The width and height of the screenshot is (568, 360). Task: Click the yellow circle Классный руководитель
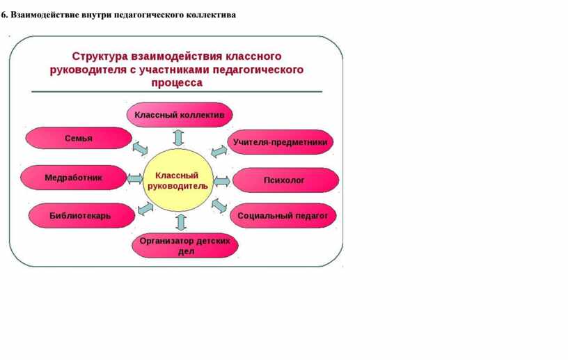click(x=178, y=180)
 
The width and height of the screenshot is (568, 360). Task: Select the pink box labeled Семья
click(x=79, y=138)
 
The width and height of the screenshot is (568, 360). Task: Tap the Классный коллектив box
click(x=180, y=115)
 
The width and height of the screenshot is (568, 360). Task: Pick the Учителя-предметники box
click(x=281, y=142)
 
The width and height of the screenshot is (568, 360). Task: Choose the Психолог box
click(x=285, y=180)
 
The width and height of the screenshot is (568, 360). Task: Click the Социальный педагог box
click(x=283, y=216)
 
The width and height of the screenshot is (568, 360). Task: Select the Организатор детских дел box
click(x=185, y=246)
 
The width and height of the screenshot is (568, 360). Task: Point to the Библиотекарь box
click(x=81, y=216)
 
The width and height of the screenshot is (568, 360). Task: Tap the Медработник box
click(x=74, y=178)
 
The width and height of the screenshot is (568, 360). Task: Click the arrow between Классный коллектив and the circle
click(x=178, y=138)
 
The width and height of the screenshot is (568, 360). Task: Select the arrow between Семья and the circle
click(x=140, y=148)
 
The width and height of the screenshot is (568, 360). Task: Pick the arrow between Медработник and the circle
click(x=135, y=179)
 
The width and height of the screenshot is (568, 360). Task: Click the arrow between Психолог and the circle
click(x=221, y=181)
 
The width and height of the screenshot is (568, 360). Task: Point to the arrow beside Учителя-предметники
click(x=219, y=152)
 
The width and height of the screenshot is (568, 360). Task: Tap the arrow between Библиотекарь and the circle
click(x=145, y=209)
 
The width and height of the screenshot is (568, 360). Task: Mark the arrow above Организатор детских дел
click(x=181, y=222)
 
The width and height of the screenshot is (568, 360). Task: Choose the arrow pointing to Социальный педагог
click(x=219, y=205)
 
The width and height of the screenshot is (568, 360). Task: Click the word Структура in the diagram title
click(x=100, y=56)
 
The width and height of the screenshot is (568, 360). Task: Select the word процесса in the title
click(x=177, y=83)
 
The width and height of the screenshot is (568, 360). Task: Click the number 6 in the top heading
click(x=3, y=15)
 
